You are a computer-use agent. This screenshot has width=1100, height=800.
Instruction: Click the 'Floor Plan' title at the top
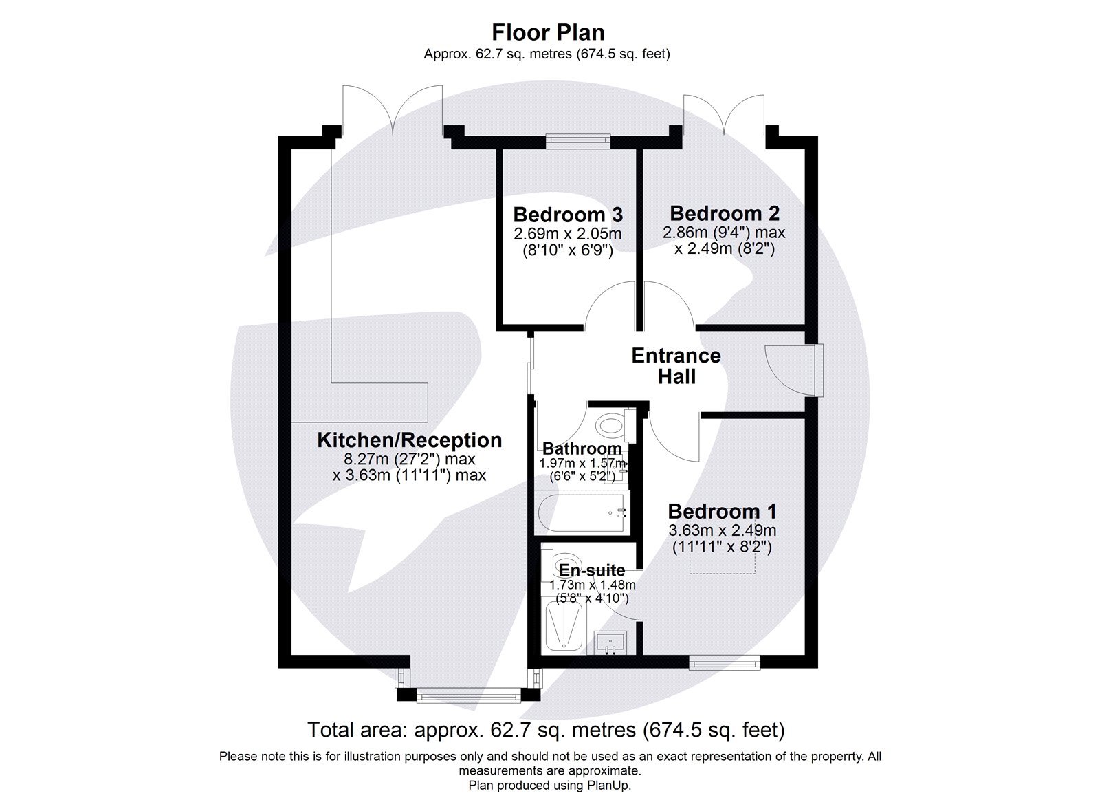pos(547,32)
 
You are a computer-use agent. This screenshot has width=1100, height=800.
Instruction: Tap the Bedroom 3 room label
pos(568,214)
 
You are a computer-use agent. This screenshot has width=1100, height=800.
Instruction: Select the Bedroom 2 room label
pos(725,213)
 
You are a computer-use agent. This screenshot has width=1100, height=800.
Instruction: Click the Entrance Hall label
pos(676,366)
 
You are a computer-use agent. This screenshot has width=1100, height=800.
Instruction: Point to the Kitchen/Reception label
pos(409,440)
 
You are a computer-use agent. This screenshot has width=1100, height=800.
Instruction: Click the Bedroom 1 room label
pos(722,511)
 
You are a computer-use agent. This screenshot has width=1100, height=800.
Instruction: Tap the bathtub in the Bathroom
pos(582,513)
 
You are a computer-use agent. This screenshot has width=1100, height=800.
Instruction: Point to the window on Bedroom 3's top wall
pos(577,141)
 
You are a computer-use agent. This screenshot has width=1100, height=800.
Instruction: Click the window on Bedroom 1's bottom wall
pos(725,664)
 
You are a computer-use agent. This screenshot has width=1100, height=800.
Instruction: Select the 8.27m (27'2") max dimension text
pos(410,459)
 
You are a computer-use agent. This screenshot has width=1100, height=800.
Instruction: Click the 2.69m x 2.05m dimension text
pos(568,234)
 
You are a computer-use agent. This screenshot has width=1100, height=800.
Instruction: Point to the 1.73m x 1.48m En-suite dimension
pos(592,585)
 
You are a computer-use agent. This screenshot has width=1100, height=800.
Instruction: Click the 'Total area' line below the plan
pos(546,729)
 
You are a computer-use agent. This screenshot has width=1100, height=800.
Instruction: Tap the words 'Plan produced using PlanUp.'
pos(549,785)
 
